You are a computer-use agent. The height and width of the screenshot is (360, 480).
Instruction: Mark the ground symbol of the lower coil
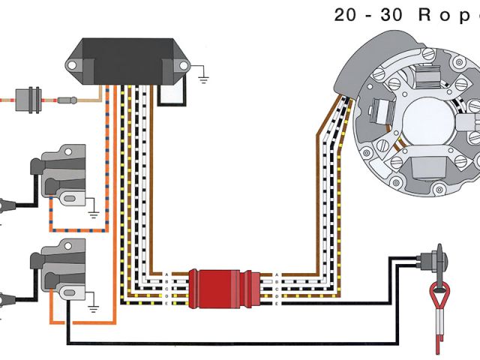[x=92, y=305]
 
